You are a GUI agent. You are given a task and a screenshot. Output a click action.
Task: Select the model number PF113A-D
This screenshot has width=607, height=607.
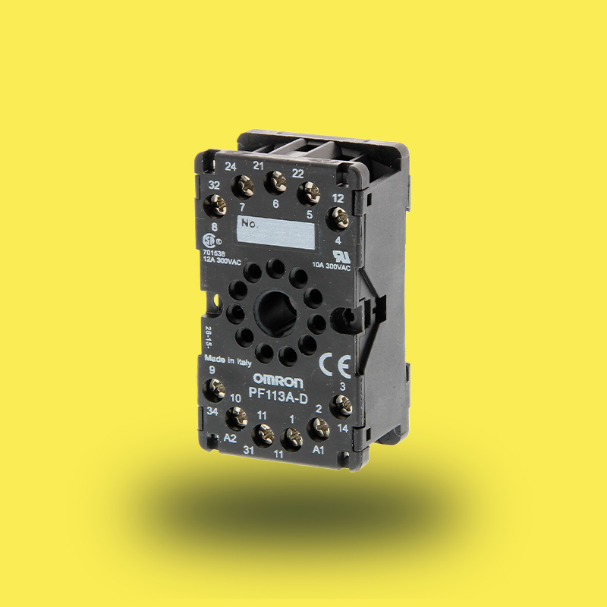click(x=278, y=394)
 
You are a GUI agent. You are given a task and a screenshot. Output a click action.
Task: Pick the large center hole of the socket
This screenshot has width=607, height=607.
click(x=275, y=310)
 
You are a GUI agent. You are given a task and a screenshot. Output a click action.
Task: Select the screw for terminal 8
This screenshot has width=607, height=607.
click(x=215, y=203)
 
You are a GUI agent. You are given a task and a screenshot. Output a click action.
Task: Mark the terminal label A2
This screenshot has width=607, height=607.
click(x=231, y=439)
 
